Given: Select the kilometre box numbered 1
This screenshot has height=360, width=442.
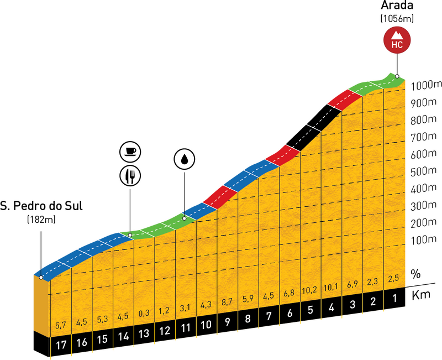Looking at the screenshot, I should pos(394,299).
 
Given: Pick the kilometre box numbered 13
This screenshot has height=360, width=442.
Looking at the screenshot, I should pos(144,332).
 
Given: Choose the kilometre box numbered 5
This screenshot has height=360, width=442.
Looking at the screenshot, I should pos(310,310).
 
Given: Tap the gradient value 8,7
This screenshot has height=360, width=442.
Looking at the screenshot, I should pos(227,303).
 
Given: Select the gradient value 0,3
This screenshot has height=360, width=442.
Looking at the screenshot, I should pos(144,314).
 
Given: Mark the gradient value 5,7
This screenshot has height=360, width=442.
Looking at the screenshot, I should pos(60,324).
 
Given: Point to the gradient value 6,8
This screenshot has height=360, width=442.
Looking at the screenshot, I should pos(290,292).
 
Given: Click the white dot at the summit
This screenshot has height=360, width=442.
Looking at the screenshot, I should pos(397,76).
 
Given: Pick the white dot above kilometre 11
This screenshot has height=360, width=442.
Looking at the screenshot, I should pos(185,218).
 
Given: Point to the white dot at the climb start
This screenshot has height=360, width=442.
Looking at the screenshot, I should pos(41,277).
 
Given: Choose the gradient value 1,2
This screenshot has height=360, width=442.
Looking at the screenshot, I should pos(165,311).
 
